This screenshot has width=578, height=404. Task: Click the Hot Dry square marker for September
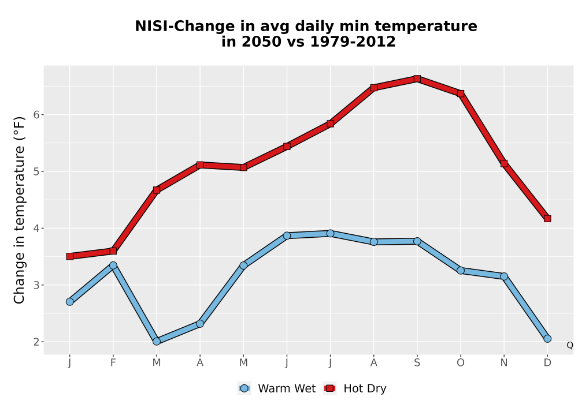(x=417, y=78)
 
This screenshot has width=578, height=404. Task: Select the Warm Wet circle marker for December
(x=547, y=339)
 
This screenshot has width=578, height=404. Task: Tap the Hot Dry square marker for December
(x=547, y=219)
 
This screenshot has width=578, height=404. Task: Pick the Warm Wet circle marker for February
(x=113, y=265)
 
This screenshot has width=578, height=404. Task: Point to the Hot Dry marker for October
(x=461, y=93)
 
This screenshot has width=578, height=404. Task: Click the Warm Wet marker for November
(x=504, y=276)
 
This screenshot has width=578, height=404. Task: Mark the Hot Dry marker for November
(x=504, y=163)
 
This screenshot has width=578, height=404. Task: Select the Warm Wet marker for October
(x=461, y=271)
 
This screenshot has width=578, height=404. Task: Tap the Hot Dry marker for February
(x=113, y=251)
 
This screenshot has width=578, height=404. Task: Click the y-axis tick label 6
(x=36, y=115)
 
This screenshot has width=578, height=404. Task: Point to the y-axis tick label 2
(x=36, y=342)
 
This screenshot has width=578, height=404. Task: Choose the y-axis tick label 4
(x=36, y=229)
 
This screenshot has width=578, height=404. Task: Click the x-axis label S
(x=417, y=363)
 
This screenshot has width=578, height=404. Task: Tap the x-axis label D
(x=547, y=363)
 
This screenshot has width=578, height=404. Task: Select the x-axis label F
(x=113, y=363)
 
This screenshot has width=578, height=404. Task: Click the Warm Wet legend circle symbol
(x=244, y=388)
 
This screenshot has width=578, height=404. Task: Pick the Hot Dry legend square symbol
(x=329, y=388)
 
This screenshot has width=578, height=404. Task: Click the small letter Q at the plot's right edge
(x=570, y=345)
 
